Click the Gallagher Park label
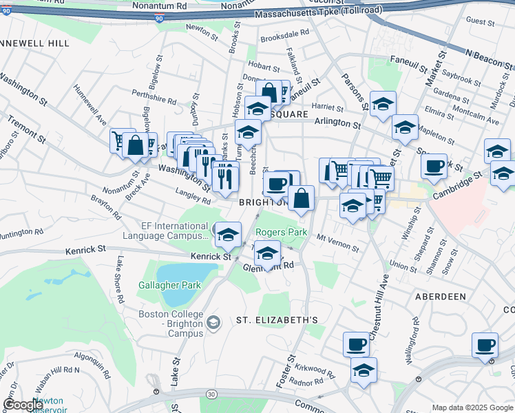point(169,285)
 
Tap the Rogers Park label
point(281,233)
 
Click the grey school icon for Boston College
point(214,322)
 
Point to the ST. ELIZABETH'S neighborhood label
point(277,320)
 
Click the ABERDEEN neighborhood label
point(441,296)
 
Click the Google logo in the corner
point(22,405)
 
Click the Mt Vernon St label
point(337,242)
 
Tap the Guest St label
point(475,21)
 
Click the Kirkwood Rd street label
point(317,372)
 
